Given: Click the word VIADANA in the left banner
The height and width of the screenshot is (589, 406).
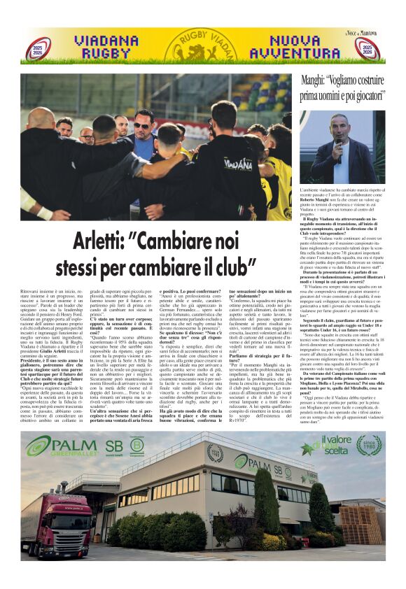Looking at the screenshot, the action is point(106,40).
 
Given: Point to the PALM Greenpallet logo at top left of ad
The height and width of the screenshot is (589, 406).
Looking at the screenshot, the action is point(57,445).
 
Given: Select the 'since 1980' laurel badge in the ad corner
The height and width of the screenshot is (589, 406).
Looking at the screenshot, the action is point(368,444).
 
